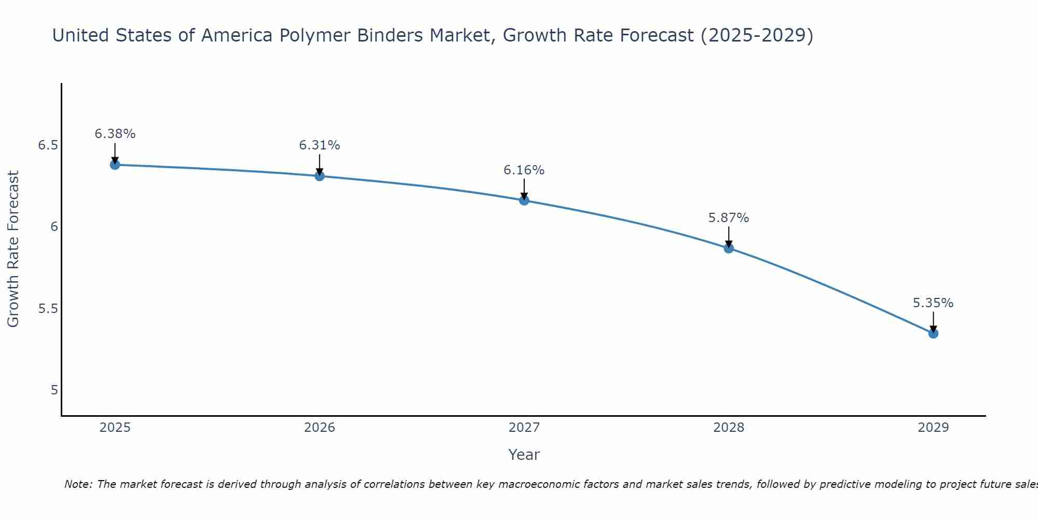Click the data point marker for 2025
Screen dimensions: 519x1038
[115, 165]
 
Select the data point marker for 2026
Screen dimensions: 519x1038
[320, 176]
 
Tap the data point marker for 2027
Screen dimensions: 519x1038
[524, 200]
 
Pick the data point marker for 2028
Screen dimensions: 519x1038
[729, 248]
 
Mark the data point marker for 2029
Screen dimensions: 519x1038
[933, 333]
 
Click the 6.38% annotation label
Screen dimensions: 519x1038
[115, 134]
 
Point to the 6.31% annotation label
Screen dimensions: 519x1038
[320, 145]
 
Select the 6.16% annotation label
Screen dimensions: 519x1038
[524, 170]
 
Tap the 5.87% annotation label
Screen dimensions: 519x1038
[729, 218]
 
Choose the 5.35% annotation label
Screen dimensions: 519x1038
[933, 303]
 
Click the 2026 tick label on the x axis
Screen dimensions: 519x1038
[320, 428]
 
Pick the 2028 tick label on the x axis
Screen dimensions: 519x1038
[729, 428]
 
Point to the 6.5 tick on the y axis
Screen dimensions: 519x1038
[48, 145]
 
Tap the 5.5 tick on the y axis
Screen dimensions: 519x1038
[48, 309]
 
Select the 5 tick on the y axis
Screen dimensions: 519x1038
[54, 390]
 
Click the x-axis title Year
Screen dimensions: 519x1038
[524, 455]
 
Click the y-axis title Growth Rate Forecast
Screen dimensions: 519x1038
[13, 249]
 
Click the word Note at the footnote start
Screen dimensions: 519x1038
[78, 484]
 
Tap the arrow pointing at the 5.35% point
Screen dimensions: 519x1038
[933, 322]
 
